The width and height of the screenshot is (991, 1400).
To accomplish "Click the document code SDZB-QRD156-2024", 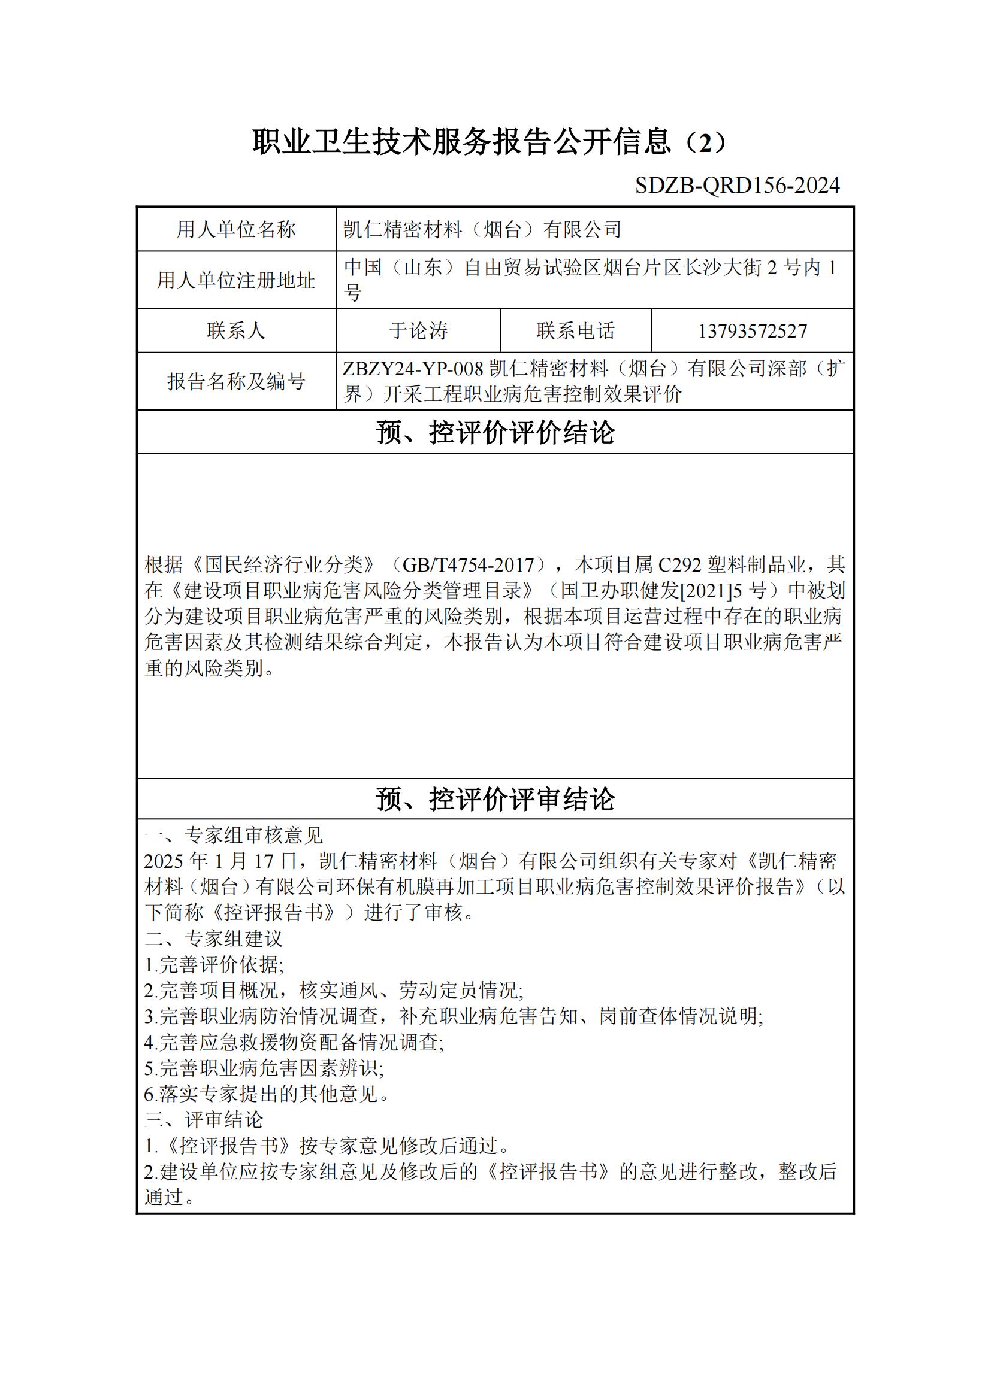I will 737,186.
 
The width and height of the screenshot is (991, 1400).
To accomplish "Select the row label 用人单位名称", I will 236,229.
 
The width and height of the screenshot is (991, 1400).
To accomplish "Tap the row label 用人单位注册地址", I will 236,280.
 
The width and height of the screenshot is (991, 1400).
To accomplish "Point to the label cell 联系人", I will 236,330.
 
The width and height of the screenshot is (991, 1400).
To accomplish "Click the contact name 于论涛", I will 418,330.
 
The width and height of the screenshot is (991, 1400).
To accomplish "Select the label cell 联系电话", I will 575,330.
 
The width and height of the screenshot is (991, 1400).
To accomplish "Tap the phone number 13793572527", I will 752,331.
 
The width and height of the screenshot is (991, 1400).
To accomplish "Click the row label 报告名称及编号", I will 236,381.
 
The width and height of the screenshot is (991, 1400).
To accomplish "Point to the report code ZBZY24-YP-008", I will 413,369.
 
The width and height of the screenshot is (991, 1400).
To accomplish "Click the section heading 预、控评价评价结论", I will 495,432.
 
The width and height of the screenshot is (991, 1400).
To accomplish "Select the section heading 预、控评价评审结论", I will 495,799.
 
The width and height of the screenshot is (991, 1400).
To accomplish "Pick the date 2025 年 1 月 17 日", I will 220,861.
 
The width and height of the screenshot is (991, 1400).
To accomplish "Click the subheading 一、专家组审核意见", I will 234,836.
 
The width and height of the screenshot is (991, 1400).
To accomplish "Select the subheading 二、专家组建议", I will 213,939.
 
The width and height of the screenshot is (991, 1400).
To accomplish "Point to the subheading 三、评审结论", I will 204,1119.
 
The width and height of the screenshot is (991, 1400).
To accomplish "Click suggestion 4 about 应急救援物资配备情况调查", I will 294,1042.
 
